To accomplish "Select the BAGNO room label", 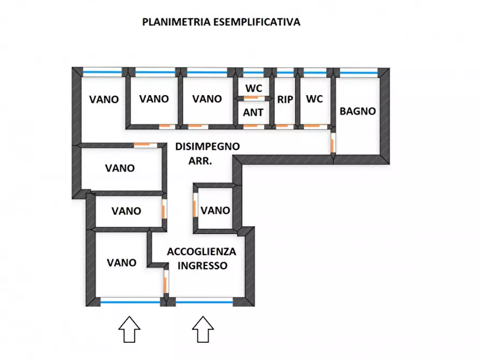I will click(x=357, y=111).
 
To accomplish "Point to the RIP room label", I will click(x=285, y=99).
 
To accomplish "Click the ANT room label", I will click(x=253, y=112).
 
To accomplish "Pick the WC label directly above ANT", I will click(x=253, y=88).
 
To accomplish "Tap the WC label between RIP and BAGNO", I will click(x=314, y=99).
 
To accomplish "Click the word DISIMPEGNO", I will click(x=207, y=146).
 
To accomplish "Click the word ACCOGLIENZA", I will click(x=202, y=251).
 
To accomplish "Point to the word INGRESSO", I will click(x=203, y=265).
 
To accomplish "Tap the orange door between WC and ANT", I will click(x=252, y=98).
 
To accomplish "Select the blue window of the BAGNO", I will click(x=358, y=71).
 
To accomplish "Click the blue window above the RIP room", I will click(x=285, y=71).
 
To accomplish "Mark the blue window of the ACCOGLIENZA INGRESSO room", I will click(x=204, y=303).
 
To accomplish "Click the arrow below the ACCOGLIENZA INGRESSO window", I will click(x=202, y=329).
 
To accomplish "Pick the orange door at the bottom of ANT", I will click(x=251, y=127).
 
